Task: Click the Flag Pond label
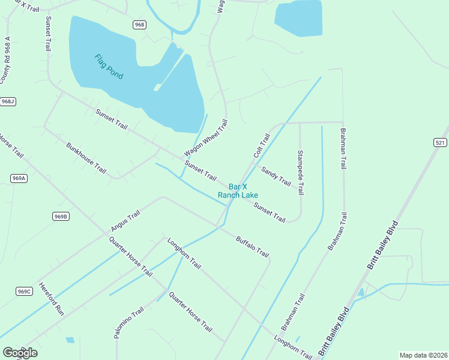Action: (x=109, y=67)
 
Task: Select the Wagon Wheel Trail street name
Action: (x=206, y=137)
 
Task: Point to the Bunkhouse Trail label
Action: (x=86, y=158)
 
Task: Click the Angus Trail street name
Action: (x=125, y=221)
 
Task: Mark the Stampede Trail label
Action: (x=301, y=172)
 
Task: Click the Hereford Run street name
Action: (x=51, y=298)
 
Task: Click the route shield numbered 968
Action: (x=139, y=25)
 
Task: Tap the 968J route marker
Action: (x=8, y=101)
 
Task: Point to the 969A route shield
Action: (x=19, y=178)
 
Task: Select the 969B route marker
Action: (x=61, y=216)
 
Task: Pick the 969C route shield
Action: (x=24, y=292)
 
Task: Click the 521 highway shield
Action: (x=440, y=142)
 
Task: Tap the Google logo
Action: (x=20, y=353)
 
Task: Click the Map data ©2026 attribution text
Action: (x=423, y=355)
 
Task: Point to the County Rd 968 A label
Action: (x=6, y=61)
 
